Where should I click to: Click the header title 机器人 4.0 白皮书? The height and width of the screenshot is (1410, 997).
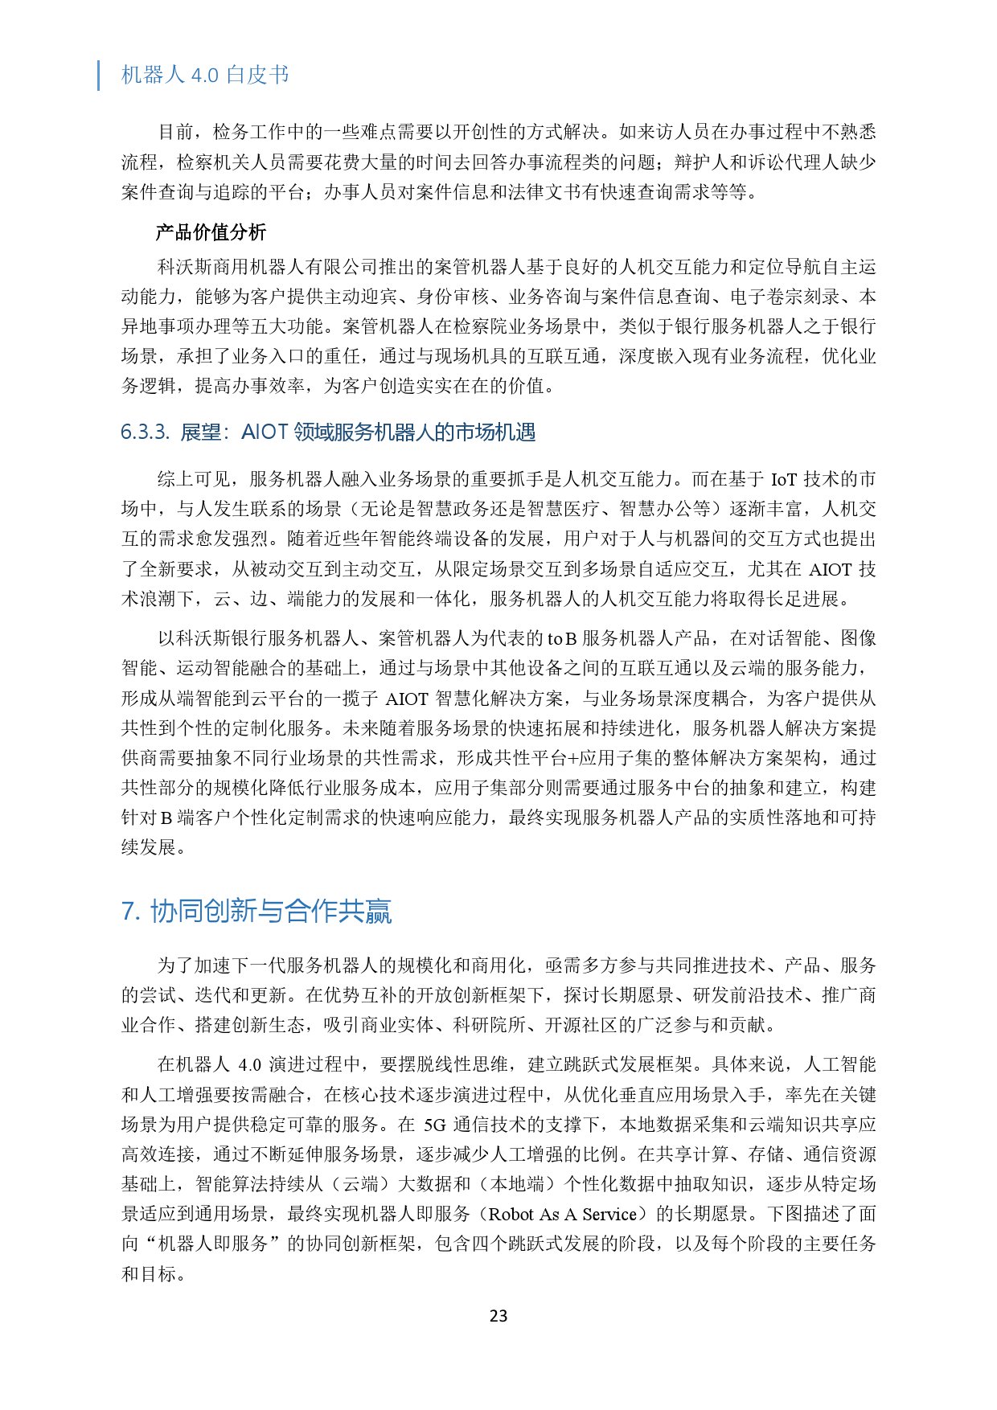pyautogui.click(x=204, y=75)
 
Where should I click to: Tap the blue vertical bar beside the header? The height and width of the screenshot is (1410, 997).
pyautogui.click(x=99, y=75)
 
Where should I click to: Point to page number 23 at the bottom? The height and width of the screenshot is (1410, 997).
pyautogui.click(x=498, y=1316)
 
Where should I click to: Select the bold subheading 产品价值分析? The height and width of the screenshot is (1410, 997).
pyautogui.click(x=211, y=233)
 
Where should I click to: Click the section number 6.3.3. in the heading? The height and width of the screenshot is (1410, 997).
pyautogui.click(x=145, y=432)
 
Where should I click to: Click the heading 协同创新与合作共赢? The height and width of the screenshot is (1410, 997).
pyautogui.click(x=271, y=912)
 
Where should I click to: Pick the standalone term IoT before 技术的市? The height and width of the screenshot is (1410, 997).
pyautogui.click(x=784, y=480)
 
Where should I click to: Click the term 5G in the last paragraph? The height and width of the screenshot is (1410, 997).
pyautogui.click(x=434, y=1125)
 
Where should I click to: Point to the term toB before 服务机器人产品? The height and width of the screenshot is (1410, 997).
pyautogui.click(x=561, y=639)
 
